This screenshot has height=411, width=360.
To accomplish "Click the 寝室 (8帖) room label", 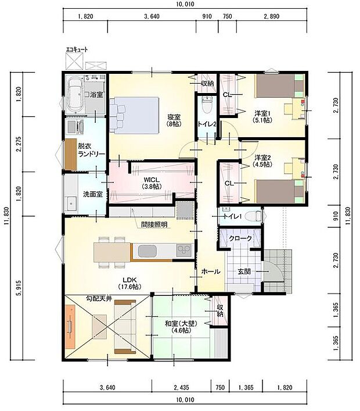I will pyautogui.click(x=172, y=119).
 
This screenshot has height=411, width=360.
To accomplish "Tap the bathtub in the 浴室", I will pyautogui.click(x=75, y=94).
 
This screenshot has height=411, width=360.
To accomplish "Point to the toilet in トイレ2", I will pyautogui.click(x=206, y=106).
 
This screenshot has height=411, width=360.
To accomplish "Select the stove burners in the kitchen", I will pyautogui.click(x=184, y=251).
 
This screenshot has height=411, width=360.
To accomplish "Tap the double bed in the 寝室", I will pyautogui.click(x=135, y=110).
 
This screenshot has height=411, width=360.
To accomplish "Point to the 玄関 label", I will pyautogui.click(x=244, y=272).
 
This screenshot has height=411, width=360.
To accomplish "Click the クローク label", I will pyautogui.click(x=240, y=239).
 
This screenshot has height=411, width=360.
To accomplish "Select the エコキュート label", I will pyautogui.click(x=76, y=50).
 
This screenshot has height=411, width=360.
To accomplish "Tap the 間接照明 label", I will pyautogui.click(x=154, y=224).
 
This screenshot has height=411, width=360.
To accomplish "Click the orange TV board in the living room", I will pyautogui.click(x=70, y=327).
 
